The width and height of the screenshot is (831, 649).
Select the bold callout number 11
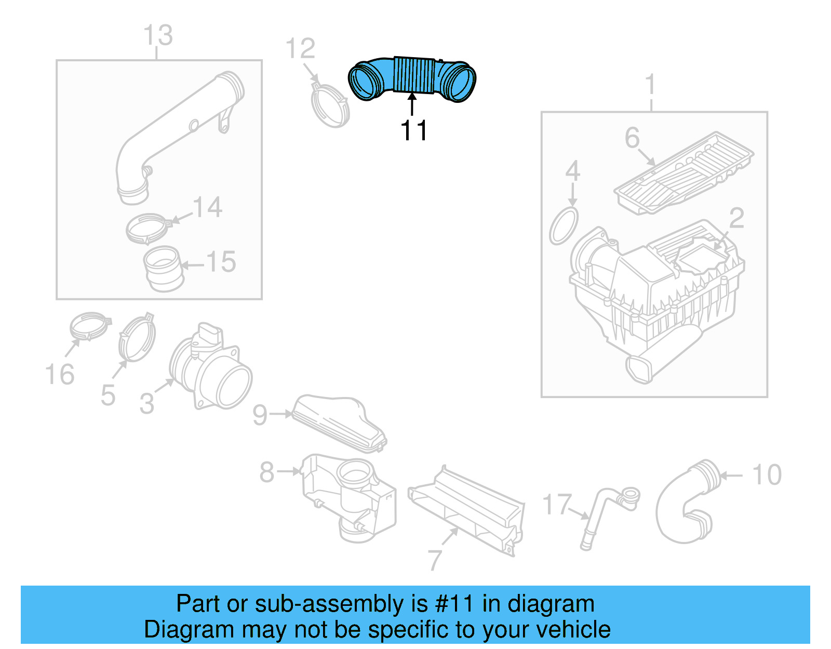click(414, 130)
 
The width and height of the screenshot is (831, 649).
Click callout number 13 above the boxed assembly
click(158, 35)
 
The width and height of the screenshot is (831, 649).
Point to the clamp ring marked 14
click(148, 229)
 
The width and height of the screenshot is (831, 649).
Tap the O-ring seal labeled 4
click(564, 226)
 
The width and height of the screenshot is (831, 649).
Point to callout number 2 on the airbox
click(736, 219)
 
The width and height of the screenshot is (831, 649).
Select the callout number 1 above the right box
click(650, 85)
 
